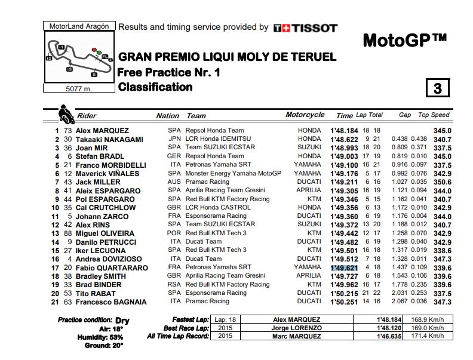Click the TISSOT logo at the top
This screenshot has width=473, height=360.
(x=305, y=27)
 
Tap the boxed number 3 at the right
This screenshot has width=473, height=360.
(x=437, y=88)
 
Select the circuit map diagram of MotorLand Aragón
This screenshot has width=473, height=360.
(x=79, y=58)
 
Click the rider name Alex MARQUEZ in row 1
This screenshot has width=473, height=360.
(x=102, y=131)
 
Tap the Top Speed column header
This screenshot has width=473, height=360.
(x=433, y=115)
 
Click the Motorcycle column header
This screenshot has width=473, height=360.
(x=305, y=115)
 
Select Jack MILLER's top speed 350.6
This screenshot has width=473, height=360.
(x=442, y=182)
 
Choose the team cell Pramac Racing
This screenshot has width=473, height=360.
(x=207, y=182)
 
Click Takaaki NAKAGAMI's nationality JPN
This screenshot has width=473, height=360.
(x=174, y=139)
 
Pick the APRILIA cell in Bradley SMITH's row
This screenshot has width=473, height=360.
(x=306, y=276)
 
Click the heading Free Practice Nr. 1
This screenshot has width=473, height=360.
(x=169, y=72)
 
